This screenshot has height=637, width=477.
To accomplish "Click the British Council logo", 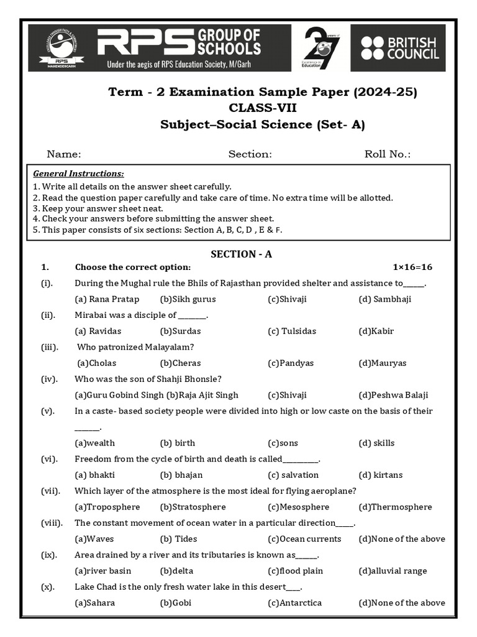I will point(398,48).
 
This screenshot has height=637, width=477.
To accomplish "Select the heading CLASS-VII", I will point(263,108).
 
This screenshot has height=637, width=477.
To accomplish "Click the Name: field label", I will point(64,154).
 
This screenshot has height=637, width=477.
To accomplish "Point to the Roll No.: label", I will point(388,154).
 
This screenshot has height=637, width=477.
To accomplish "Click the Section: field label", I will point(250,154).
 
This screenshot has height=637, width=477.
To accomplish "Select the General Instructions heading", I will point(78,174).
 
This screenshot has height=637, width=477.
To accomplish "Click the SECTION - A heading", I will point(241,254).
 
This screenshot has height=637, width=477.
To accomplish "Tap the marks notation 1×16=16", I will point(412,267).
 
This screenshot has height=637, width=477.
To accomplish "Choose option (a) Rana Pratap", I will point(107,299).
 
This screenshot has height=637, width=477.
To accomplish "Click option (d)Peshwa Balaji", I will point(393,395).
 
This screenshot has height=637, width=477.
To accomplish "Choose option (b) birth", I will point(178,443).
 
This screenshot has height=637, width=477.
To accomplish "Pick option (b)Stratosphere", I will point(193,507).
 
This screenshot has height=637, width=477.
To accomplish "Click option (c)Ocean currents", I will point(304,539).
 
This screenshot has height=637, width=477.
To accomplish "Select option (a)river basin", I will point(102,571).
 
